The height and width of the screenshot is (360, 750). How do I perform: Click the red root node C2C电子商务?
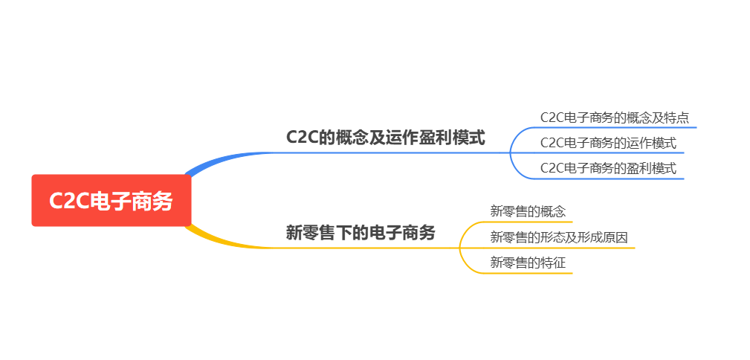[x=111, y=201]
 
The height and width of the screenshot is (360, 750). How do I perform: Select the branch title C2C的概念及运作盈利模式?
[x=385, y=138]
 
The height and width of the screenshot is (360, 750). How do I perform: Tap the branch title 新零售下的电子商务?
[x=361, y=233]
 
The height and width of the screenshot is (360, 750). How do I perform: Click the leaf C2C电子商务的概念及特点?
[x=614, y=118]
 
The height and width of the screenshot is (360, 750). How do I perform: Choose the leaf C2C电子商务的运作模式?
[x=608, y=143]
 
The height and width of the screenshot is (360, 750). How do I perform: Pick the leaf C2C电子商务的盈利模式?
[x=608, y=168]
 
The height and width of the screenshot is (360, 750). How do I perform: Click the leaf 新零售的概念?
[x=528, y=211]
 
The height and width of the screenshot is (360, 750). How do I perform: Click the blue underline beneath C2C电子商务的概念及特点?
[x=617, y=128]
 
